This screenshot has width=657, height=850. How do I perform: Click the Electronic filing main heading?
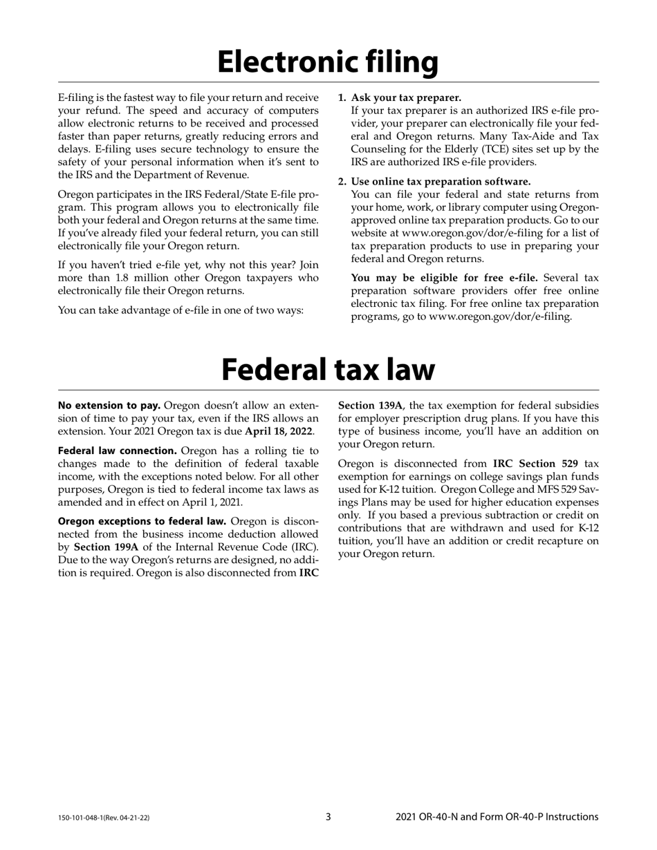click(328, 62)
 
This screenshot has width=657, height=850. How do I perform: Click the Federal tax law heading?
click(328, 370)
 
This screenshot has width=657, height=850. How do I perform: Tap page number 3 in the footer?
click(328, 817)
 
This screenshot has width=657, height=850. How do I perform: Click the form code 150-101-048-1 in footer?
click(104, 818)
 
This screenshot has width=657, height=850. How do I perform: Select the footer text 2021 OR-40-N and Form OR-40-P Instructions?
click(497, 817)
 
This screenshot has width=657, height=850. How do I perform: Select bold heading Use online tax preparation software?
click(441, 181)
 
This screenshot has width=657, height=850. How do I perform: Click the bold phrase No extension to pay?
click(109, 405)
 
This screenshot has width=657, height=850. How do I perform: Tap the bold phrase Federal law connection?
click(118, 451)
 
